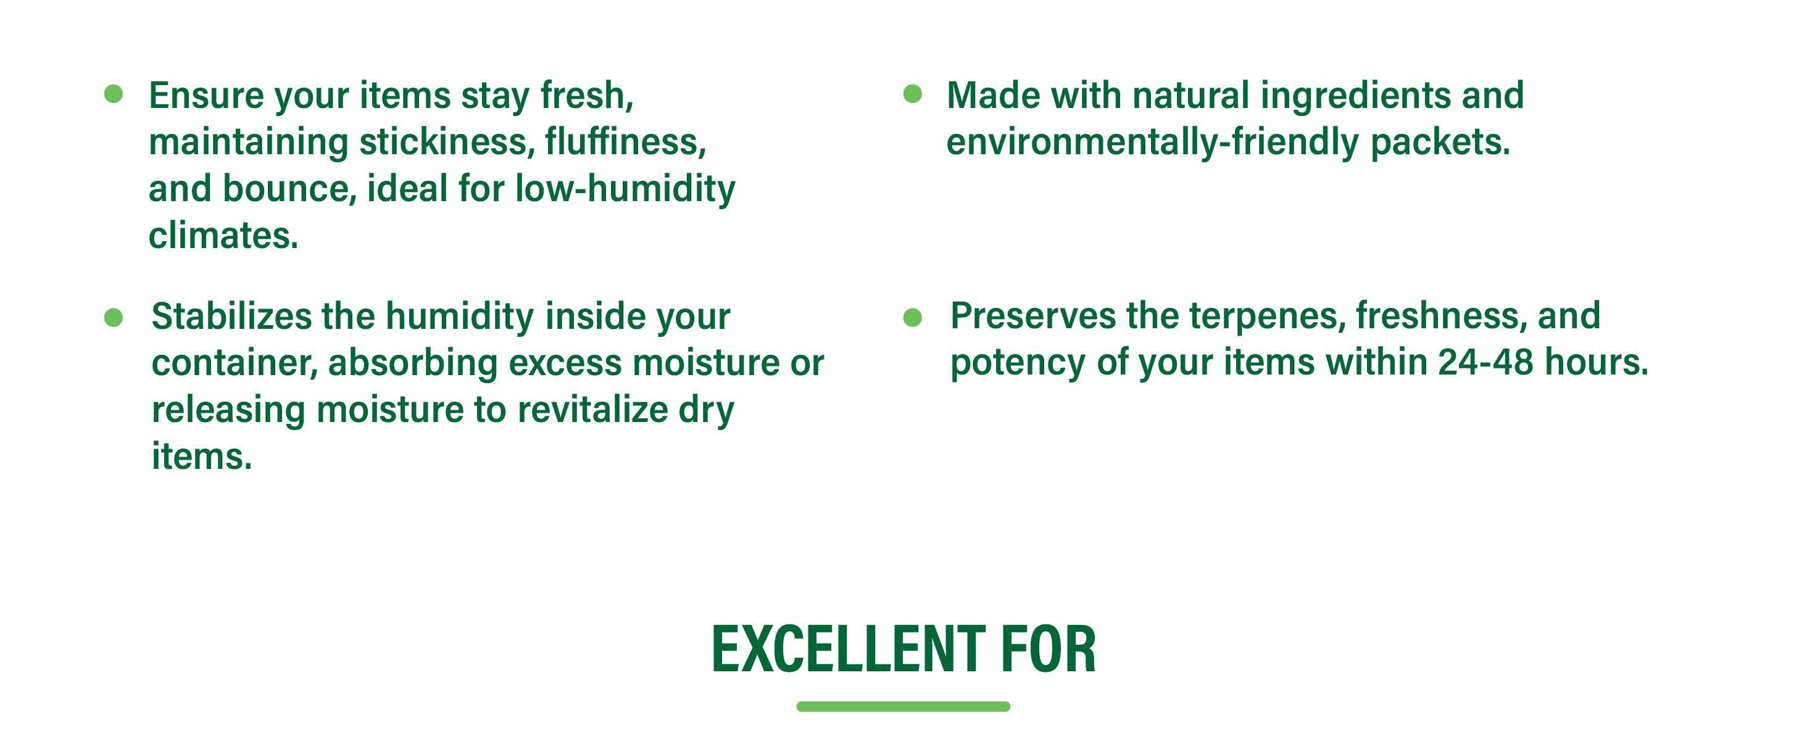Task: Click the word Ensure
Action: click(x=206, y=96)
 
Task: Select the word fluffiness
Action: click(x=625, y=142)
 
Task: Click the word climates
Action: click(x=223, y=236)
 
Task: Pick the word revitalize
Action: click(x=592, y=410)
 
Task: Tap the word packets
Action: click(x=1440, y=143)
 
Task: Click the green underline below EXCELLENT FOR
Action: click(x=903, y=706)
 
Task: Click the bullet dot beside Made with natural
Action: click(x=912, y=94)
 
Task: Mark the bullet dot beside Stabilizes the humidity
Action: click(x=113, y=318)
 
